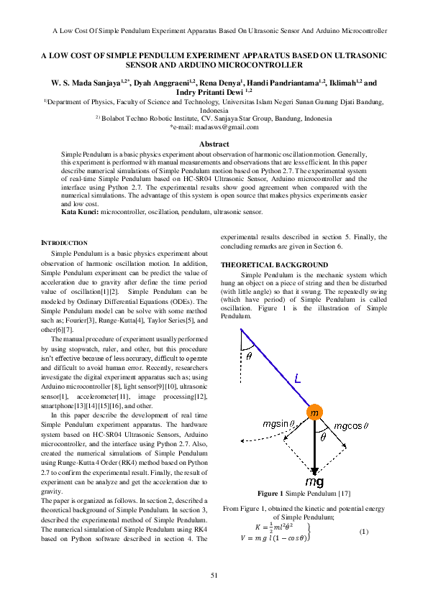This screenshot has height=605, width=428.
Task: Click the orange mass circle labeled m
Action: [314, 413]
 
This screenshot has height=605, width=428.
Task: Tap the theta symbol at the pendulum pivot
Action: [249, 356]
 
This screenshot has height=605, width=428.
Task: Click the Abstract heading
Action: [214, 144]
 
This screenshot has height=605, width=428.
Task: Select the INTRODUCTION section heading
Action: [64, 242]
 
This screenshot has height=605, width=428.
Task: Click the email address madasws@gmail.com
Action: [214, 127]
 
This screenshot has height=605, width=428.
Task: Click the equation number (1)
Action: [363, 531]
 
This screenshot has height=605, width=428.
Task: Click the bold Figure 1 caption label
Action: [271, 493]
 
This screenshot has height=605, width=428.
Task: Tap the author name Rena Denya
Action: [223, 84]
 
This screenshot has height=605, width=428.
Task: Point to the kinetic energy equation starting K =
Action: [270, 525]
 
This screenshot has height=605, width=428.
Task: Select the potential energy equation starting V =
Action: [273, 537]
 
